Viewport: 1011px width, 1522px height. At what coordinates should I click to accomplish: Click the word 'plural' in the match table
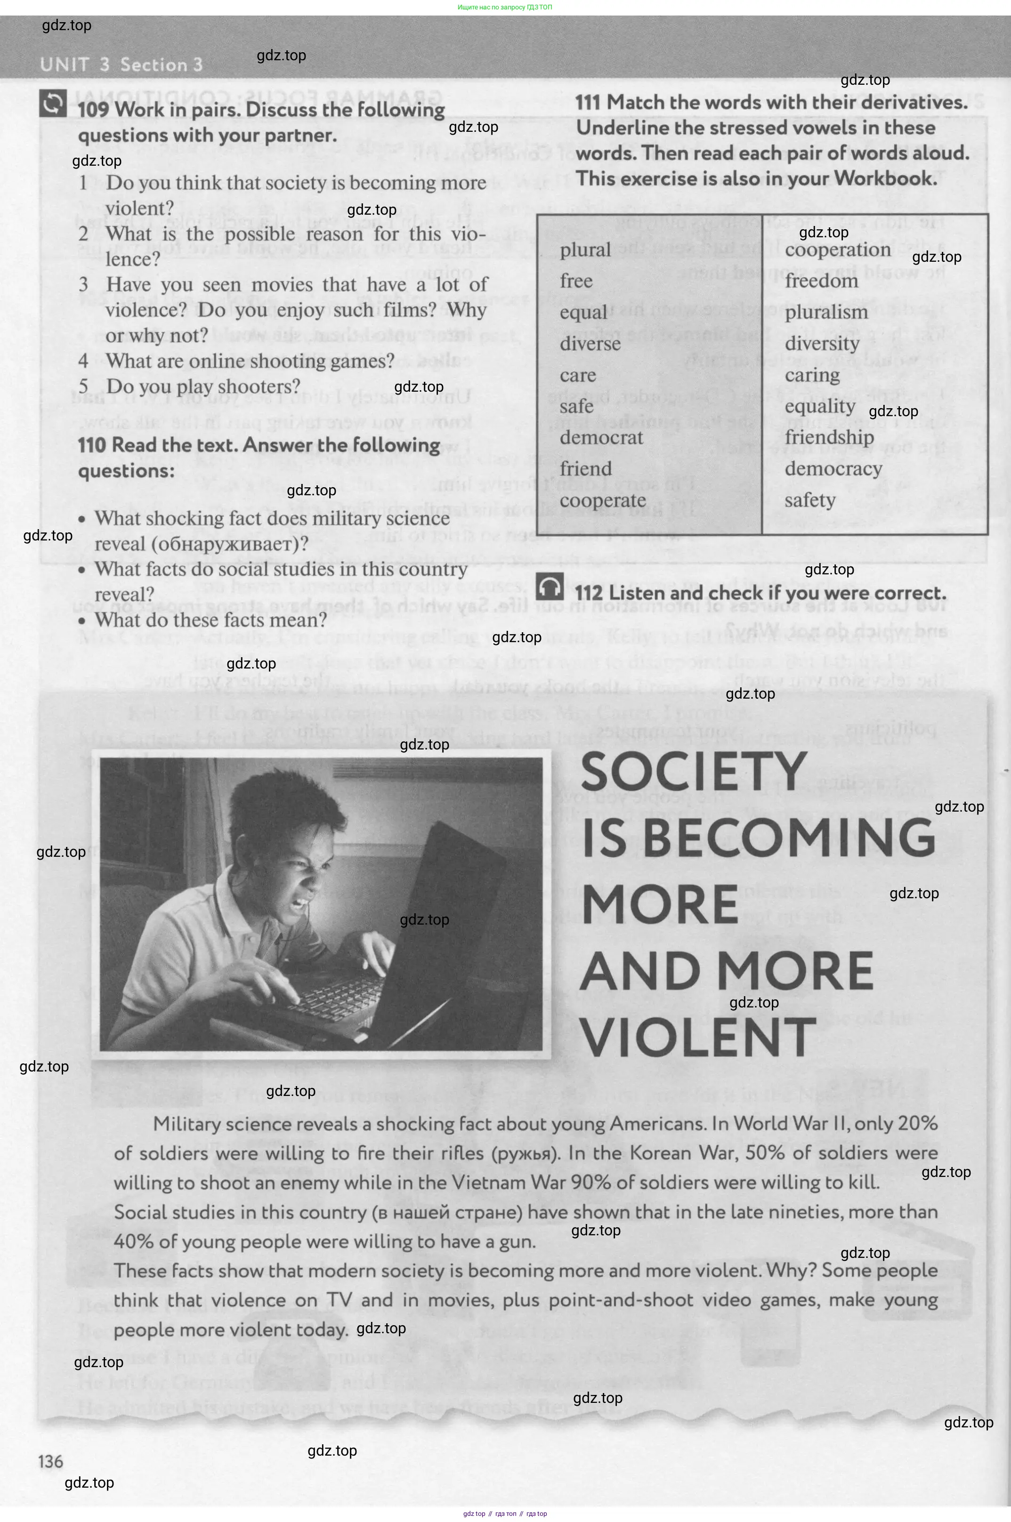[585, 250]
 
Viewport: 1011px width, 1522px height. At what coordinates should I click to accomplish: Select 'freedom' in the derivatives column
[821, 281]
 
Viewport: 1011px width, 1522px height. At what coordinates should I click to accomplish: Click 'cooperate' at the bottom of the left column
[602, 500]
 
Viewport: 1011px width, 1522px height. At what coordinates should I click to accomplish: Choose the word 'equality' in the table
[819, 406]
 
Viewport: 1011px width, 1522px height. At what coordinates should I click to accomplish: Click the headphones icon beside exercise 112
[550, 587]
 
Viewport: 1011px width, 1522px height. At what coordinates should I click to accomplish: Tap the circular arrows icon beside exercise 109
[53, 103]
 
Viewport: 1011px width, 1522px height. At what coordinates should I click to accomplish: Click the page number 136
[51, 1461]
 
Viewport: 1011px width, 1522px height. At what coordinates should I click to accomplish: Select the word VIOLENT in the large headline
[698, 1037]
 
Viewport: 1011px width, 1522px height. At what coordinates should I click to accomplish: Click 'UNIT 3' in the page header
[74, 64]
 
